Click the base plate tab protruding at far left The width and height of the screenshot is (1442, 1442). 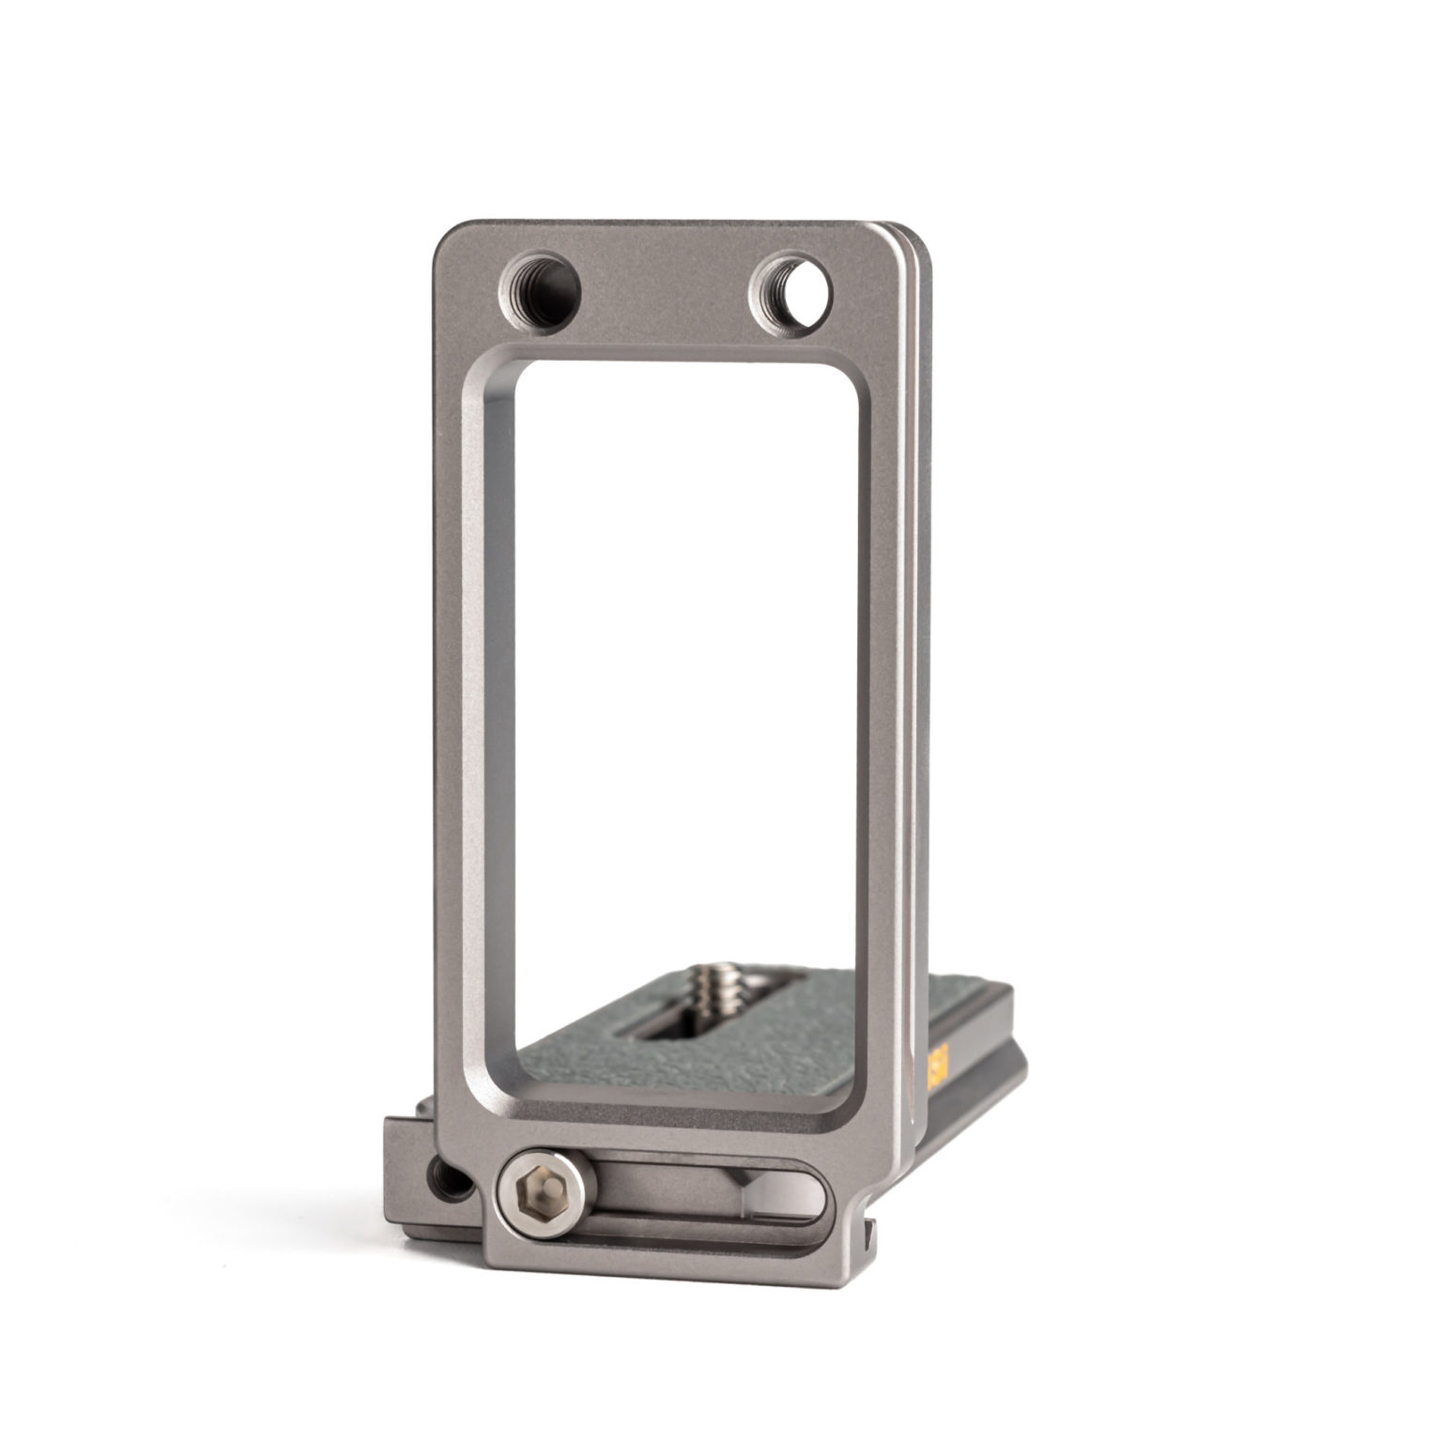point(399,1155)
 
